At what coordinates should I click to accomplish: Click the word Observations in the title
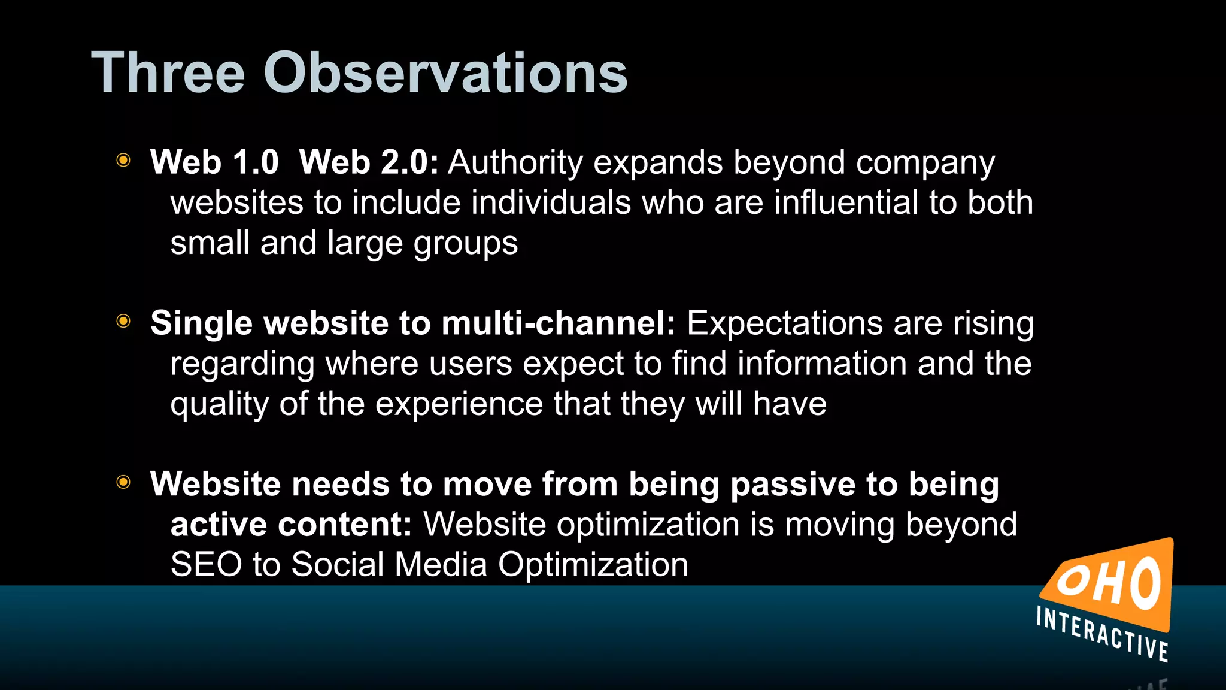[x=445, y=73]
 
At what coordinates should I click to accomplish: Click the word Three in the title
[x=168, y=73]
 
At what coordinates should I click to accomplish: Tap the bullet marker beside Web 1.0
[x=123, y=160]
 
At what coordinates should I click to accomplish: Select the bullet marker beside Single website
[x=123, y=321]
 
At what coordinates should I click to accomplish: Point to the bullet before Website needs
[x=123, y=482]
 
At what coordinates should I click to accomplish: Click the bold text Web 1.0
[x=214, y=162]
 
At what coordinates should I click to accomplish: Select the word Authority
[x=515, y=162]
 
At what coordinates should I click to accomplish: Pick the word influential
[x=846, y=202]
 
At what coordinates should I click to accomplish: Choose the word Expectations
[x=784, y=323]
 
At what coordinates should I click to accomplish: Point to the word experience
[x=459, y=404]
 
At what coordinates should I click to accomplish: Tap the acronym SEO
[x=206, y=565]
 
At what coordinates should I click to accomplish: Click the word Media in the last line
[x=441, y=565]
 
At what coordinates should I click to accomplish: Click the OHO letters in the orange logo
[x=1108, y=585]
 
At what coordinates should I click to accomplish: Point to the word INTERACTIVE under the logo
[x=1102, y=634]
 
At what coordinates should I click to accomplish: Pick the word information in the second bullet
[x=821, y=364]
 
